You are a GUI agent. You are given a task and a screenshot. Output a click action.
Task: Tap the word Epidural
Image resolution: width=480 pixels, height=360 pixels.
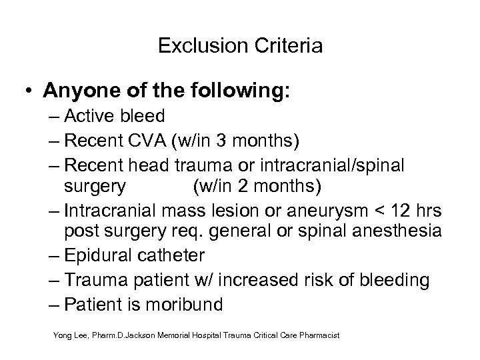point(99,255)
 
